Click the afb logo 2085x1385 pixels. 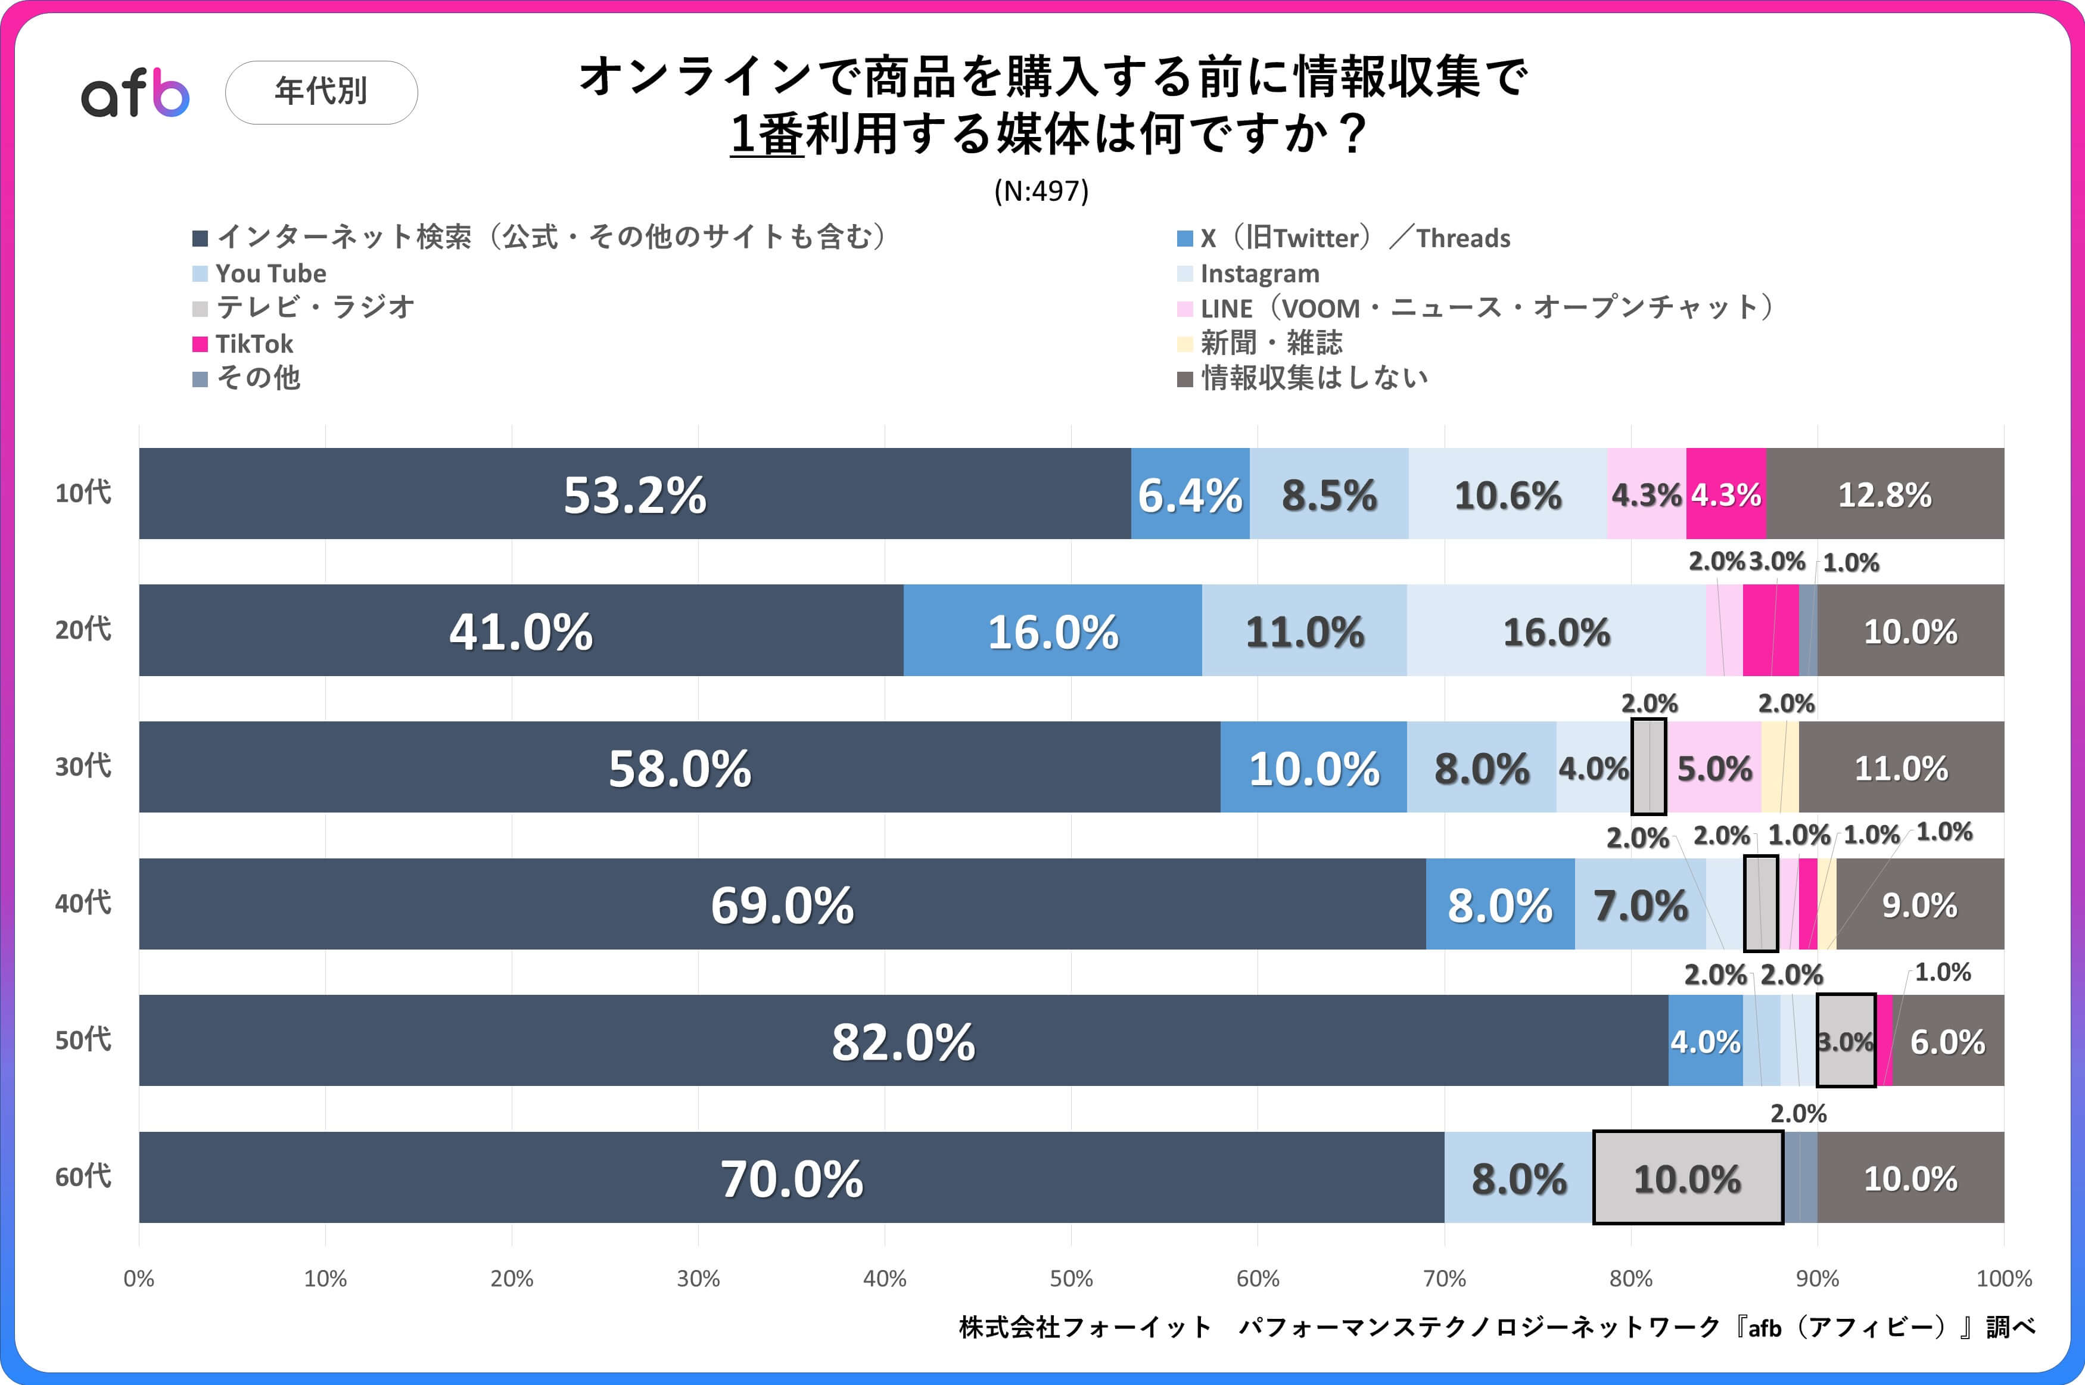coord(135,94)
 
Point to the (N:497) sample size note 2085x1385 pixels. coord(1041,191)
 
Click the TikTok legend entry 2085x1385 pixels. coord(253,344)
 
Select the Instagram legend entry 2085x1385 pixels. coord(1258,274)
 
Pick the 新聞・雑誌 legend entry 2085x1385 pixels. coord(1271,343)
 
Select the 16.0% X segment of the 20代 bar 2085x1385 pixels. coord(1052,631)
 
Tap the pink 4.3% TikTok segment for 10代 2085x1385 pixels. coord(1726,494)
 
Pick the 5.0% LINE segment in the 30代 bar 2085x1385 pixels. coord(1713,768)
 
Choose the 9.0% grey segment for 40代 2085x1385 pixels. coord(1919,904)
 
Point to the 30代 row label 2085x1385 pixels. coord(83,766)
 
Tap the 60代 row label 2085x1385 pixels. coord(83,1177)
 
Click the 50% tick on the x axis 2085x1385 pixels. coord(1071,1278)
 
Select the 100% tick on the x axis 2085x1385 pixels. coord(2003,1278)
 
